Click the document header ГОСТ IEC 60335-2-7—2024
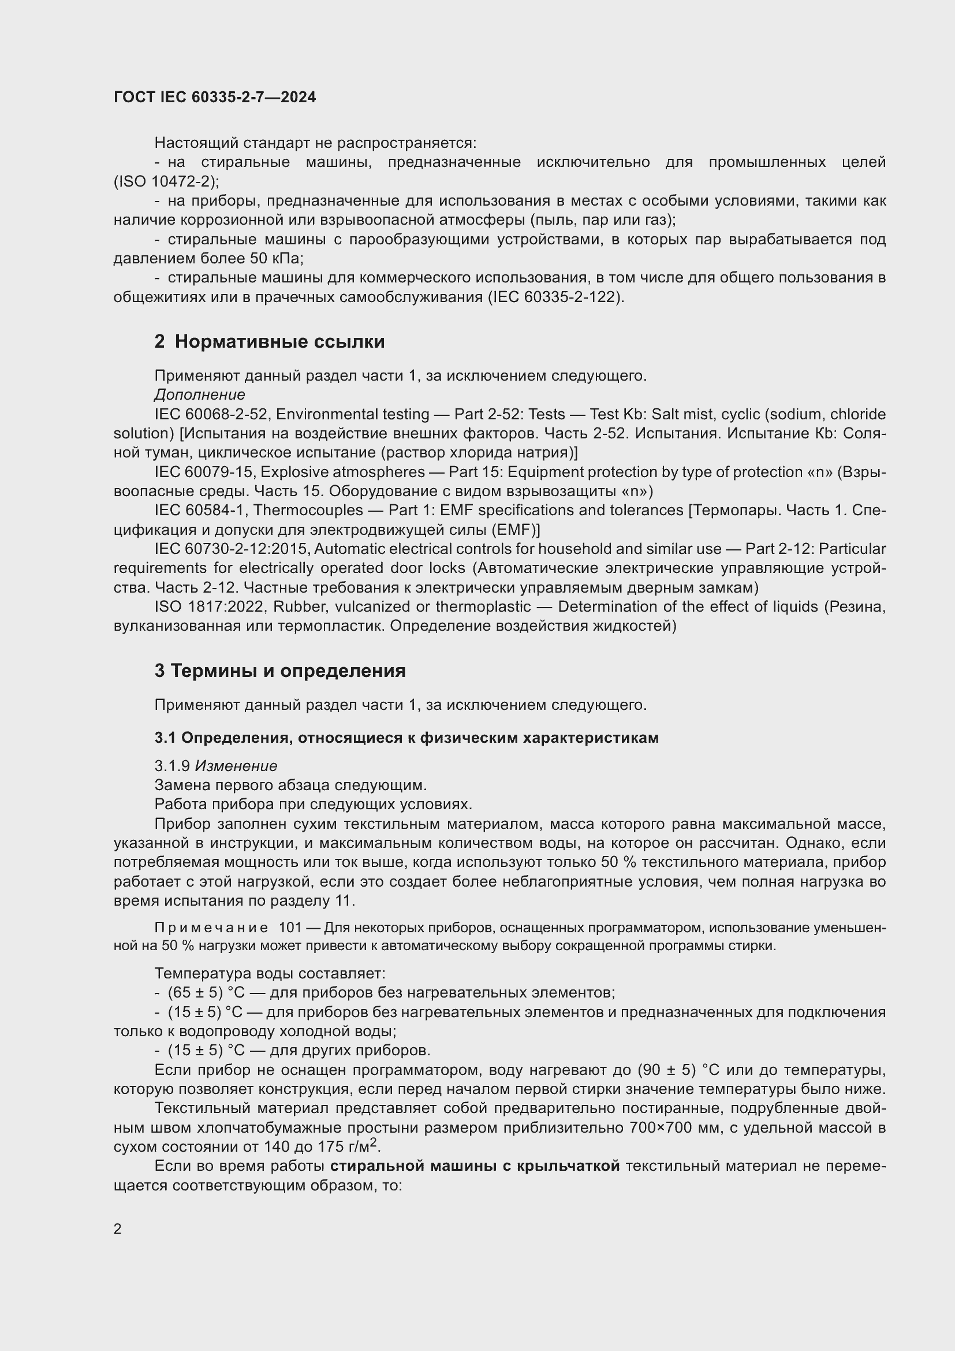(215, 97)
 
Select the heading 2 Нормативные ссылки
(269, 341)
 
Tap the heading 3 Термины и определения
(280, 670)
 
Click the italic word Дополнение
(199, 394)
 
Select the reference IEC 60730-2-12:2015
(233, 548)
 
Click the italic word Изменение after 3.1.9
(236, 765)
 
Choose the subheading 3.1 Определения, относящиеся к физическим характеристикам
(406, 737)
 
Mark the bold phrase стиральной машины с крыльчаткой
(475, 1166)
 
